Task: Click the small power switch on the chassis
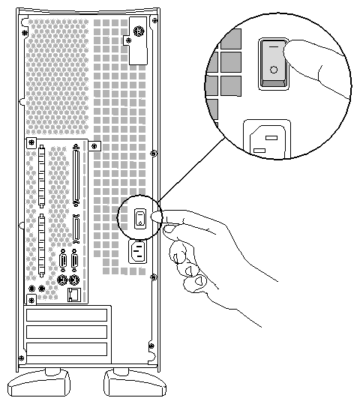click(139, 218)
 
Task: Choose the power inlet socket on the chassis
click(138, 252)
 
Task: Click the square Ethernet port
click(73, 293)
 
